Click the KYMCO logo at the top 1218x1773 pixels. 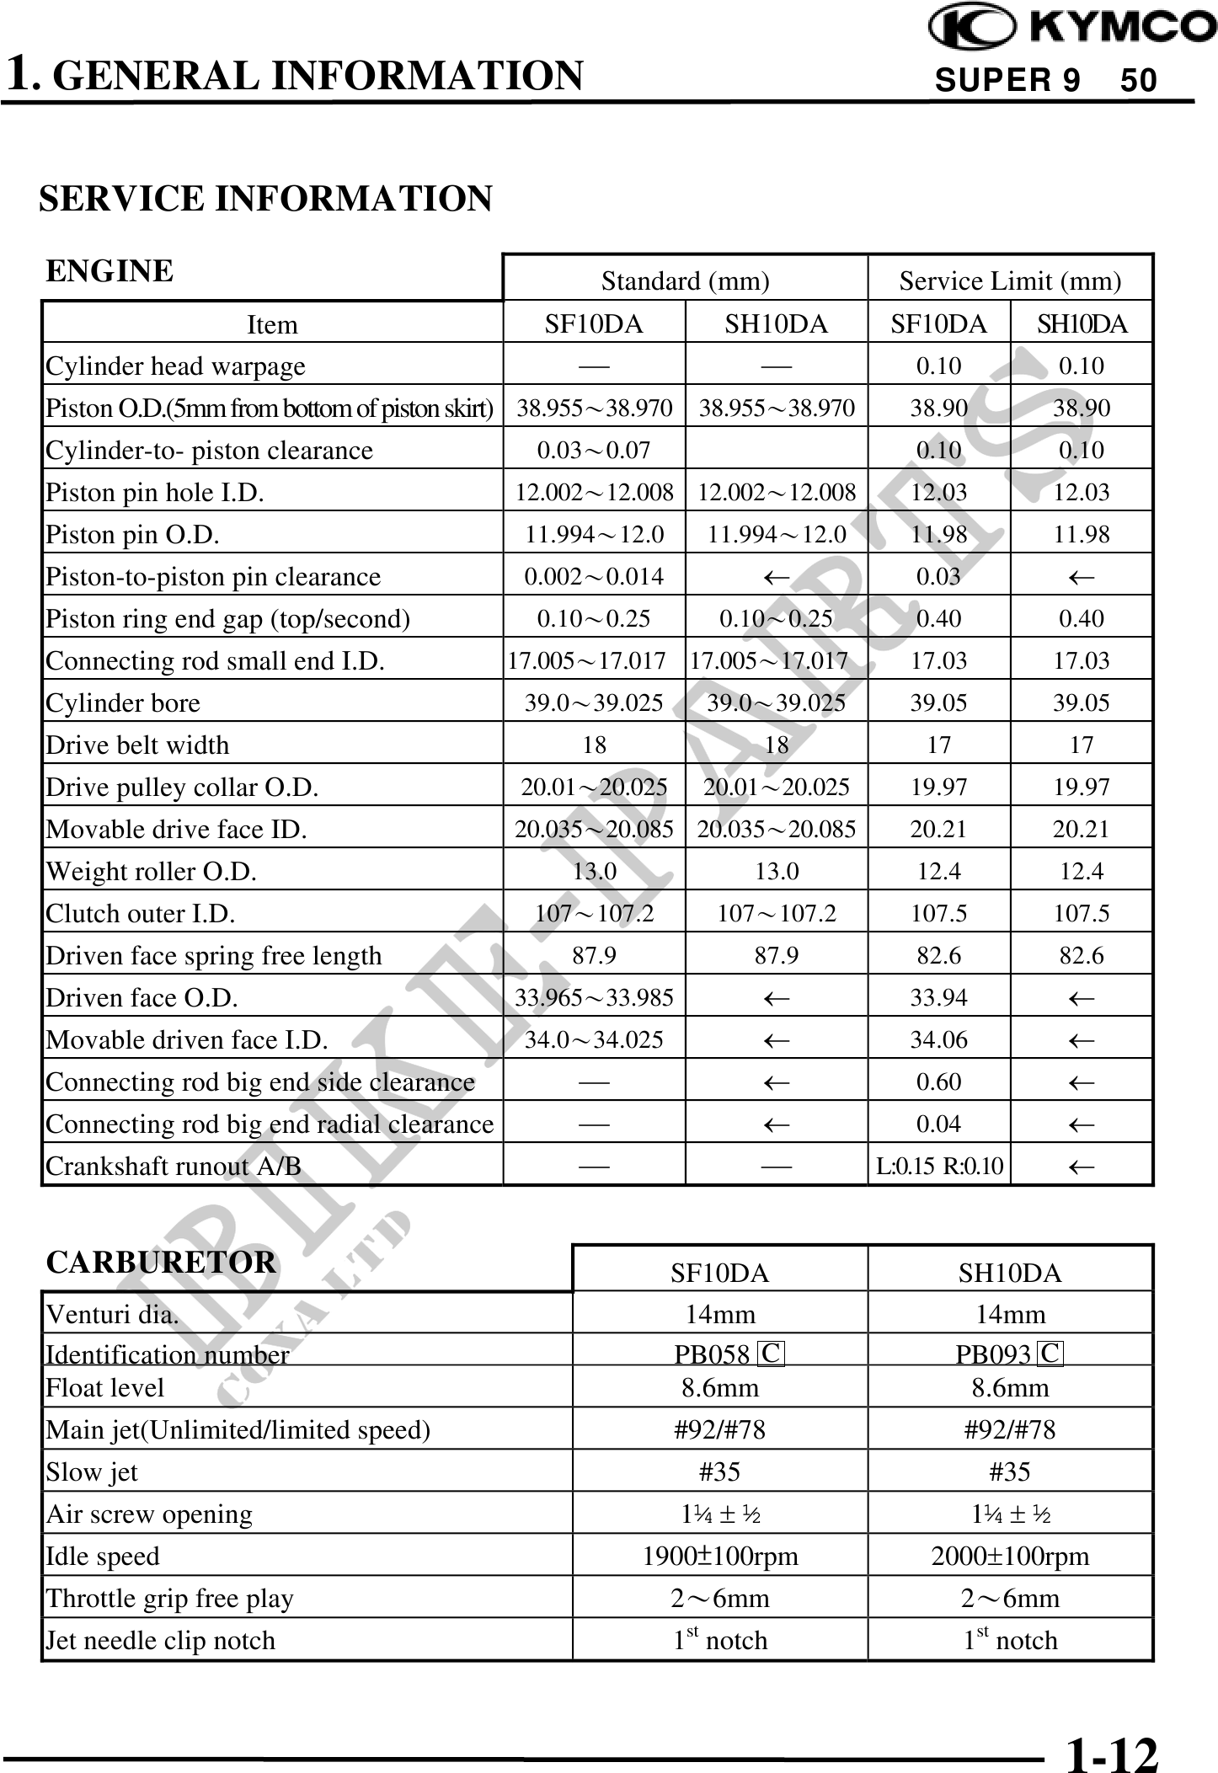1071,27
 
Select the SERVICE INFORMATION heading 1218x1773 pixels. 265,199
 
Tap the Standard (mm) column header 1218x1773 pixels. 685,280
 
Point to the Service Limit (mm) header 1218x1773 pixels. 1010,280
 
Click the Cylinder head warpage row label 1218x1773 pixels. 175,366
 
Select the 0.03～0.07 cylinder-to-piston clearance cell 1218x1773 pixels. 594,450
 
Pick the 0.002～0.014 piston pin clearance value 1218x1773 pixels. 594,576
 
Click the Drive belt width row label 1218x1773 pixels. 137,745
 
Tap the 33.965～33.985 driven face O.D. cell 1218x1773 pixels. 594,997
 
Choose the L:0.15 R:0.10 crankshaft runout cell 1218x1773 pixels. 939,1166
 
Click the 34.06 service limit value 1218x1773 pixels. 939,1039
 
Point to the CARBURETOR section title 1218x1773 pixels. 161,1262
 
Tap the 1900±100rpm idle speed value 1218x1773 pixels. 720,1556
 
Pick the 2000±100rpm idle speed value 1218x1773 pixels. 1010,1556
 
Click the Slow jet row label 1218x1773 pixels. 91,1471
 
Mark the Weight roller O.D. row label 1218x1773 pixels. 151,871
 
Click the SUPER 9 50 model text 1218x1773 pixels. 1046,81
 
